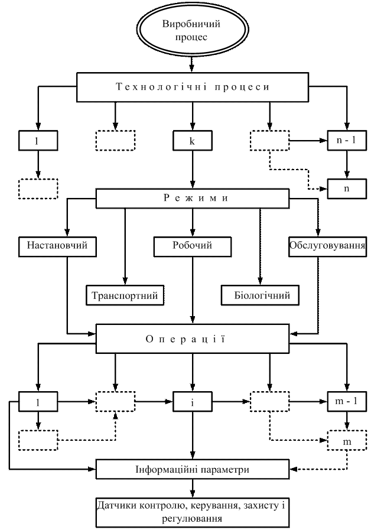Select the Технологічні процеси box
193,87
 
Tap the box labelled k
193,142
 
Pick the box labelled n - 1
347,142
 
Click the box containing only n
347,188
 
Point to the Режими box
193,199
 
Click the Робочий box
193,245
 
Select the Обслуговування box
327,245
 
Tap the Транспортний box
125,294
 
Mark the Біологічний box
259,294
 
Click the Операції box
193,340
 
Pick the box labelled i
193,402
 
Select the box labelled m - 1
347,402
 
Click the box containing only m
347,441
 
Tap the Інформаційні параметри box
193,470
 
